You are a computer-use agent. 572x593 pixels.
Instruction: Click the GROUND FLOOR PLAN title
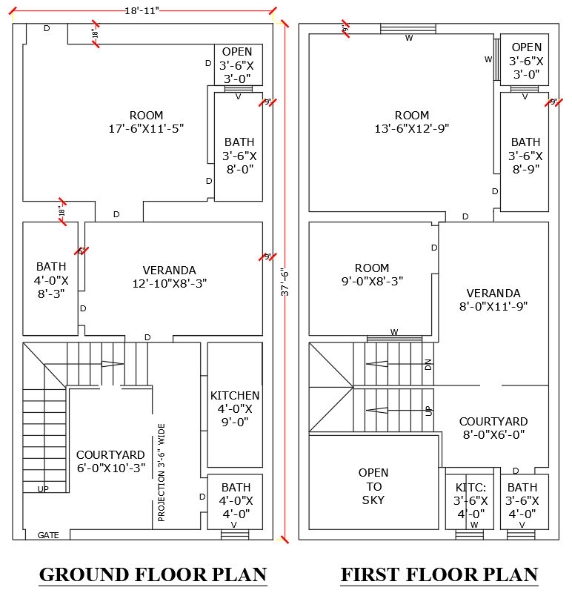pyautogui.click(x=153, y=574)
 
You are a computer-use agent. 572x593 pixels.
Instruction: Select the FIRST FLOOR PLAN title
pyautogui.click(x=439, y=574)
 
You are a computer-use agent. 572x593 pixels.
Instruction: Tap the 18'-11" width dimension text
pyautogui.click(x=142, y=9)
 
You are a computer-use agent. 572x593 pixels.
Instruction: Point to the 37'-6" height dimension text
pyautogui.click(x=284, y=282)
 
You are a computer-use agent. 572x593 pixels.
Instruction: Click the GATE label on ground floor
pyautogui.click(x=48, y=534)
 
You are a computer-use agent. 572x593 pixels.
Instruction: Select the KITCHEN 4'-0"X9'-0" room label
pyautogui.click(x=235, y=408)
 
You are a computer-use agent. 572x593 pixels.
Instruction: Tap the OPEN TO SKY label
pyautogui.click(x=373, y=486)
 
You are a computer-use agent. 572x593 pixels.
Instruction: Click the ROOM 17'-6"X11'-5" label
pyautogui.click(x=146, y=122)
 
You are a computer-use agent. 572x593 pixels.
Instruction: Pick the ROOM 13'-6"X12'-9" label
pyautogui.click(x=412, y=122)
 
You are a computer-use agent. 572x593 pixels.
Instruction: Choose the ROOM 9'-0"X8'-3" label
pyautogui.click(x=372, y=274)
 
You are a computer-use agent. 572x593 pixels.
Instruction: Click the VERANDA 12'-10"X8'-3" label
pyautogui.click(x=169, y=276)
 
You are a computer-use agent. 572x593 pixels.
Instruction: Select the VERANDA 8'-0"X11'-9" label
pyautogui.click(x=493, y=299)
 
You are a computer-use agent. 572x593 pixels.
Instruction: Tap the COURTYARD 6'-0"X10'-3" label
pyautogui.click(x=110, y=462)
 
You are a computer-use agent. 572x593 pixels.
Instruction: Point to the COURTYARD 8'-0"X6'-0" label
pyautogui.click(x=493, y=428)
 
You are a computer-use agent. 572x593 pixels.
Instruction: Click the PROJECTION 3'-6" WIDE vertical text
pyautogui.click(x=161, y=472)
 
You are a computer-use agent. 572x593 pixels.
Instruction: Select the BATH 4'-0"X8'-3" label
pyautogui.click(x=51, y=279)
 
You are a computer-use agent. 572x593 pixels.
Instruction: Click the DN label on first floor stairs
pyautogui.click(x=428, y=364)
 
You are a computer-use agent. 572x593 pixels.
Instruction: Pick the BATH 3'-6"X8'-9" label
pyautogui.click(x=525, y=155)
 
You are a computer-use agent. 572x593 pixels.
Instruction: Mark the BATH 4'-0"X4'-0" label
pyautogui.click(x=236, y=500)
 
